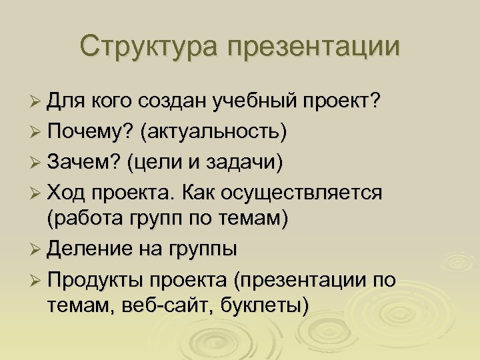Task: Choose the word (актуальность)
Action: (213, 133)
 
